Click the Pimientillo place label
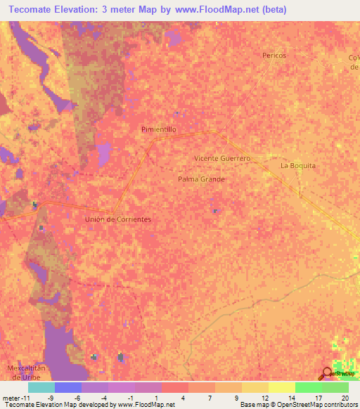[159, 130]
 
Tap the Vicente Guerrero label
[222, 158]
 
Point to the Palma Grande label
[201, 179]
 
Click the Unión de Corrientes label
[118, 219]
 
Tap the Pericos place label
[274, 55]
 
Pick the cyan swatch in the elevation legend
[41, 387]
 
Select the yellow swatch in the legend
[255, 387]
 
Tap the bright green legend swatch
[309, 387]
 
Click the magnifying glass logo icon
[327, 373]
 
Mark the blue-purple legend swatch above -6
[67, 387]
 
